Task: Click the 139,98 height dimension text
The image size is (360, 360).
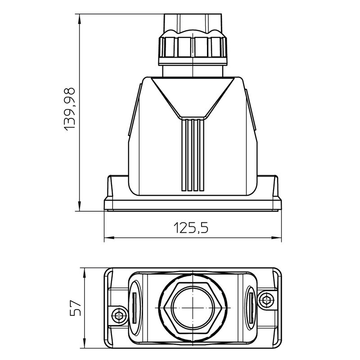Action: (70, 109)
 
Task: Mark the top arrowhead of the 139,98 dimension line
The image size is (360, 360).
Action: (79, 18)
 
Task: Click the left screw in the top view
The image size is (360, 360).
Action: (119, 315)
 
